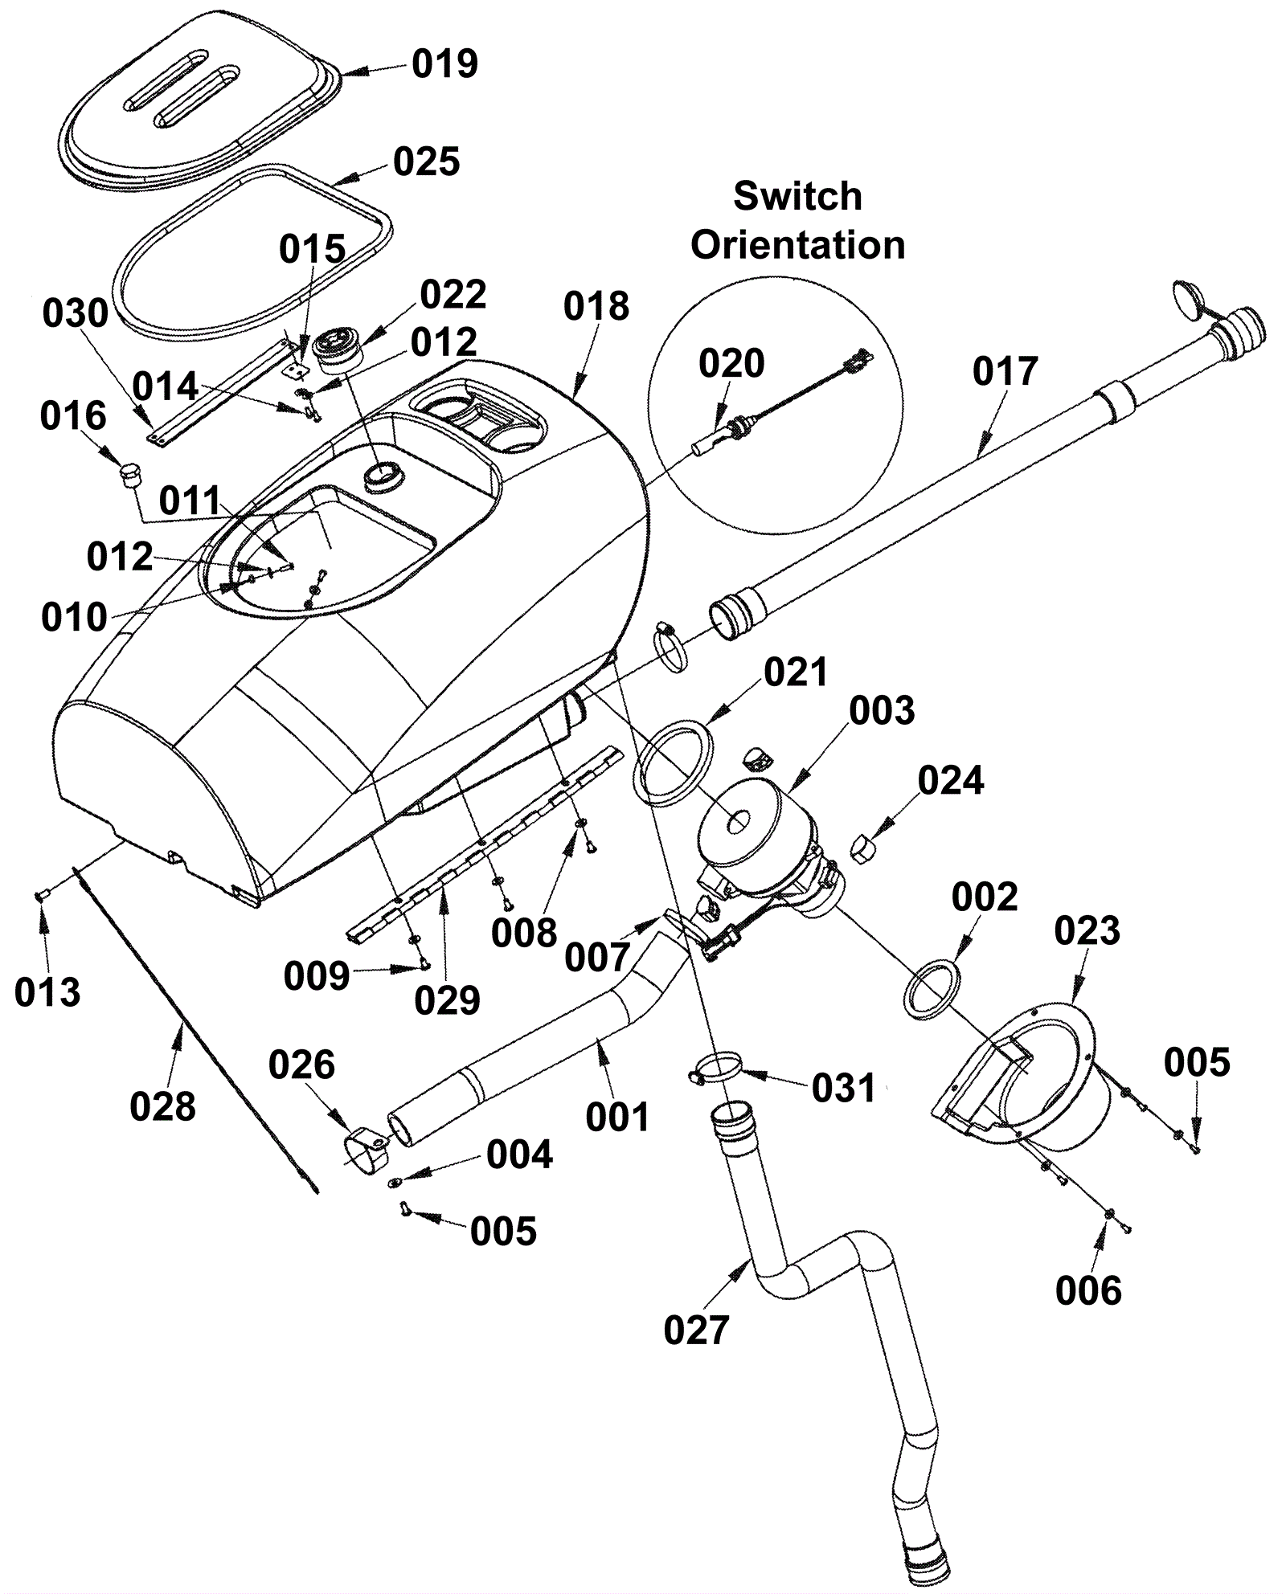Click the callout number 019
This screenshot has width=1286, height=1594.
coord(444,63)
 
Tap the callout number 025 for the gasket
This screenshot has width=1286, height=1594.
coord(426,161)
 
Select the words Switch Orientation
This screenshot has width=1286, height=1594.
coord(797,220)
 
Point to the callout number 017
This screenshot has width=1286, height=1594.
coord(1005,372)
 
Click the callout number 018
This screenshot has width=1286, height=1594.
coord(596,307)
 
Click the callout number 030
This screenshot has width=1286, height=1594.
coord(76,313)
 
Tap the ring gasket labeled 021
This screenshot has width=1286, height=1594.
coord(674,763)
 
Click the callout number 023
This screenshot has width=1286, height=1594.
coord(1087,931)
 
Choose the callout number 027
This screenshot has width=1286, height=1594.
coord(696,1330)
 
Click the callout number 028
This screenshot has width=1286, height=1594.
coord(162,1106)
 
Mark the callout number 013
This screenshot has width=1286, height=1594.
coord(47,992)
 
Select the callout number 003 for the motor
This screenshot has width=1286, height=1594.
coord(882,711)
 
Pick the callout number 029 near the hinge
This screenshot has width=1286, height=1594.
coord(447,1000)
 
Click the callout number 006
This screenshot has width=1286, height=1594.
coord(1088,1290)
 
